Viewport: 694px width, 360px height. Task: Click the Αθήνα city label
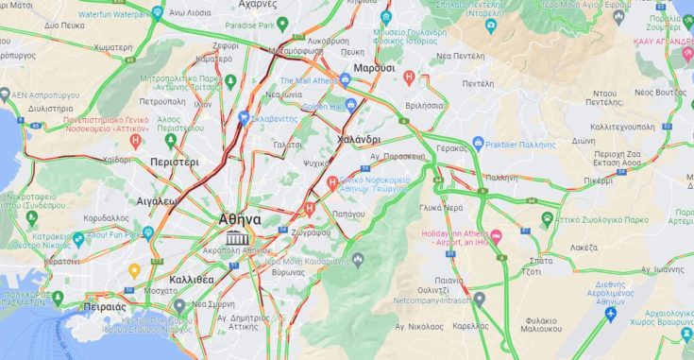point(240,218)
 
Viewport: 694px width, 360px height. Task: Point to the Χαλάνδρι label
point(358,139)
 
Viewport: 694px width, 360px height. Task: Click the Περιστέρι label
point(175,163)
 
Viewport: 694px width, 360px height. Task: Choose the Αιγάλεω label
point(158,201)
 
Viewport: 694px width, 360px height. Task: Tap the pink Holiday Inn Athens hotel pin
point(497,234)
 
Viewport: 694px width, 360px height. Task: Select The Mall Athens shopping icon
point(347,80)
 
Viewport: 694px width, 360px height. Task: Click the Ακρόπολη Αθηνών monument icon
point(231,237)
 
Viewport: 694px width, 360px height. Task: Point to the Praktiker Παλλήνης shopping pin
point(478,144)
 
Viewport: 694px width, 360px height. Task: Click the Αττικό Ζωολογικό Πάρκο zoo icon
point(547,218)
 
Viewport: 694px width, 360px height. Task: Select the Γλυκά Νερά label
point(441,207)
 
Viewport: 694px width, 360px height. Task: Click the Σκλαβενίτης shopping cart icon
point(245,118)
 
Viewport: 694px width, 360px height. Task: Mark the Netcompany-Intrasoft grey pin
point(480,300)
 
